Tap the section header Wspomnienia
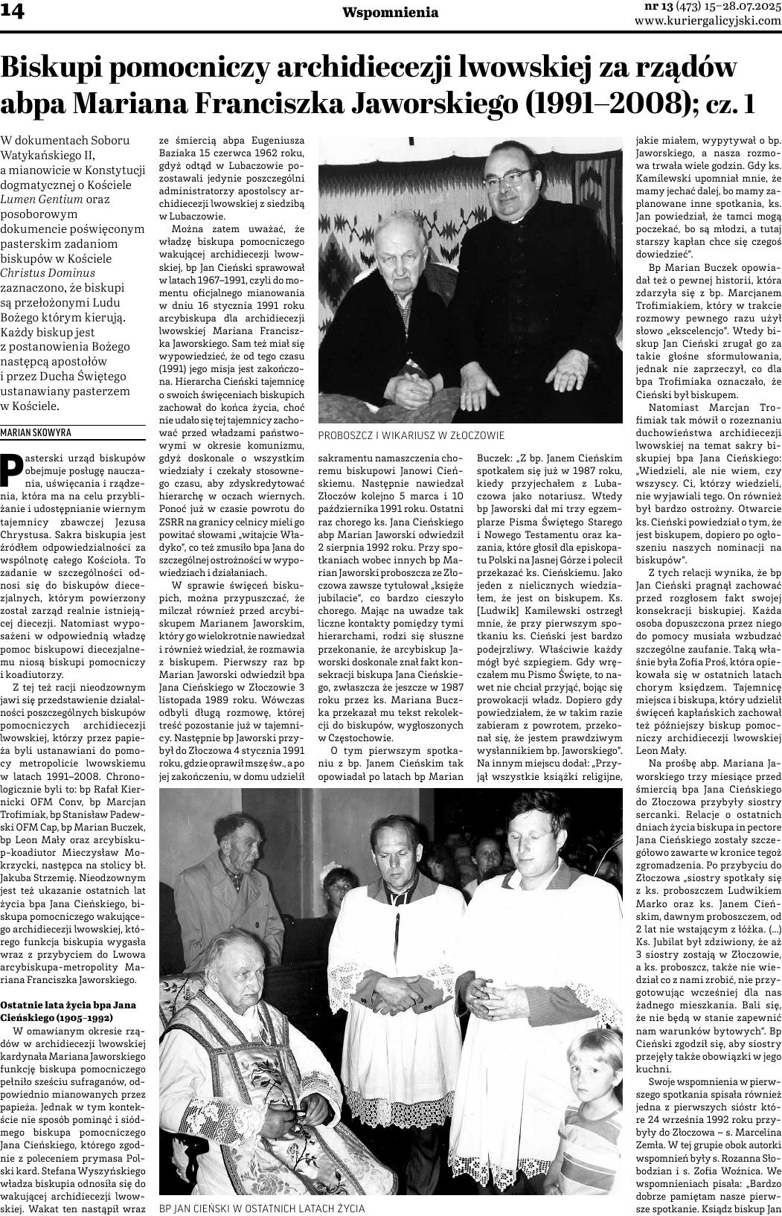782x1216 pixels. [x=391, y=13]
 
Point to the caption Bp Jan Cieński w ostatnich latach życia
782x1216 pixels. [x=262, y=1209]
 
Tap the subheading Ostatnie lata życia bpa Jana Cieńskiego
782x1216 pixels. [x=67, y=1011]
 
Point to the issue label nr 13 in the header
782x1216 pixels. [x=658, y=7]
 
